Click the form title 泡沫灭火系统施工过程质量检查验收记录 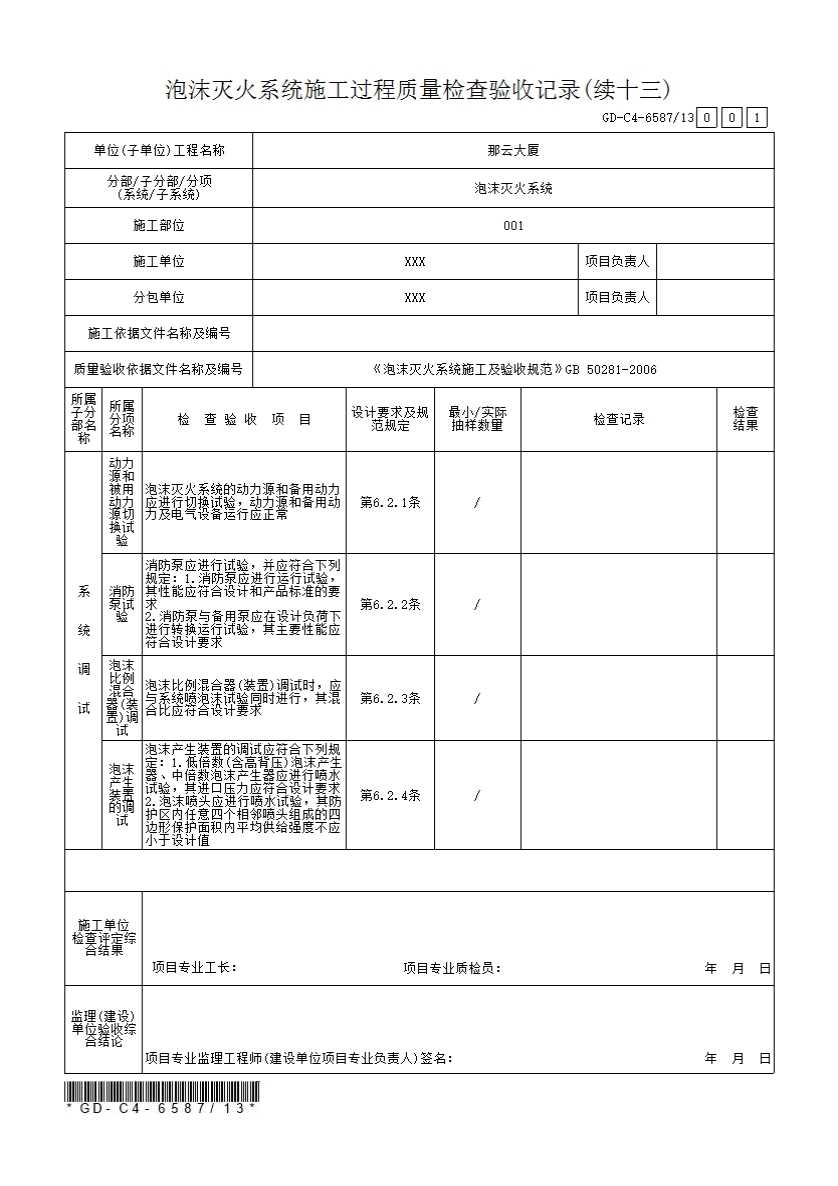pos(417,90)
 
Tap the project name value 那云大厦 pos(513,151)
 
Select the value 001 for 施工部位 pos(513,225)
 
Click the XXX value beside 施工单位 pos(415,262)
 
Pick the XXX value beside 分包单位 pos(415,298)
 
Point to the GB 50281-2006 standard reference pos(611,369)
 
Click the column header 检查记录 pos(618,420)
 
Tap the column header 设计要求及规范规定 pos(390,419)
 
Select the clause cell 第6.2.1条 pos(390,503)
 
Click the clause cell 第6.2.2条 pos(390,604)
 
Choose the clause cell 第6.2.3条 pos(390,698)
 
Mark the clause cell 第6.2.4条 pos(390,795)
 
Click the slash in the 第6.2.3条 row pos(477,698)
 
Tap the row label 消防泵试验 pos(121,604)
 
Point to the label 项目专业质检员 pos(452,968)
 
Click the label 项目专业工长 pos(194,968)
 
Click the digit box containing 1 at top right pos(758,118)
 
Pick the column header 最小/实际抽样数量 pos(477,419)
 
